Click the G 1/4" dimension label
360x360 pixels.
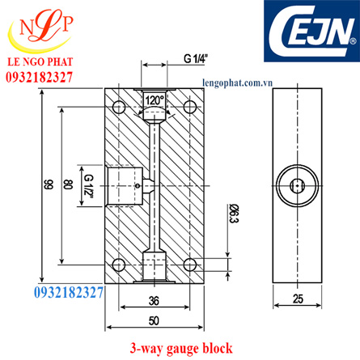click(x=195, y=58)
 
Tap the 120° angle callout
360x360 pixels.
click(x=154, y=100)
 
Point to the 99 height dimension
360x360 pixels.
click(x=47, y=185)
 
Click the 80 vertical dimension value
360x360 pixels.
click(x=68, y=185)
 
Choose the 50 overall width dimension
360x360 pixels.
click(x=154, y=321)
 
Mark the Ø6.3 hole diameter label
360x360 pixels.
click(x=232, y=214)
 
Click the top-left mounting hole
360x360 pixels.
click(x=119, y=106)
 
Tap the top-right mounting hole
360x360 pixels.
click(x=188, y=106)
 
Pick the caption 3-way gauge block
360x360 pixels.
click(x=181, y=348)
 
